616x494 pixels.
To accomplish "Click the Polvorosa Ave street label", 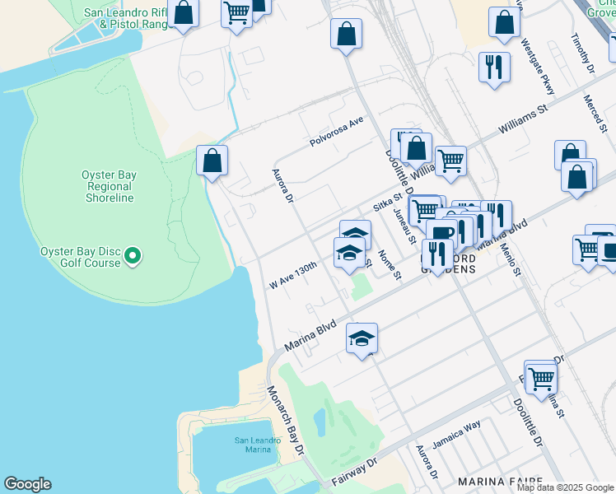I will pos(336,131).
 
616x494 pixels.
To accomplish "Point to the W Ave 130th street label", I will pos(293,276).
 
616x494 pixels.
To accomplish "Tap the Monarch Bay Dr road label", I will pos(285,420).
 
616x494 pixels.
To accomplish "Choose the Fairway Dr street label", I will pos(355,471).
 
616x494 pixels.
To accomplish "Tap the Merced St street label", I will pos(594,111).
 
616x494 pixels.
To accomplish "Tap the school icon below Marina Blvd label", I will pos(362,338).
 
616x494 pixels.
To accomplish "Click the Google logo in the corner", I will pos(27,484).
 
